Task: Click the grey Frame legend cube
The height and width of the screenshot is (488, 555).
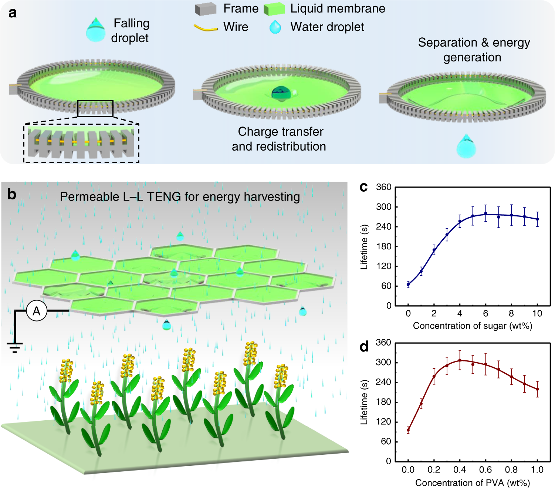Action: click(206, 9)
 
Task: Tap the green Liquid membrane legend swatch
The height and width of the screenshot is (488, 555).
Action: click(274, 9)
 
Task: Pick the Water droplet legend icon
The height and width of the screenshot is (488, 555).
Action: click(275, 27)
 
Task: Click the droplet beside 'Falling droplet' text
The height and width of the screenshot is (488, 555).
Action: click(96, 30)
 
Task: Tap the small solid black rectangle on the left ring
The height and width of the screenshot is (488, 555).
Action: click(95, 108)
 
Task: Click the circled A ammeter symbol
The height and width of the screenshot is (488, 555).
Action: click(37, 311)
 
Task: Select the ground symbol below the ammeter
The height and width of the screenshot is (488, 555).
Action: click(15, 347)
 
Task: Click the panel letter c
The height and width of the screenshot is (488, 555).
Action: click(363, 187)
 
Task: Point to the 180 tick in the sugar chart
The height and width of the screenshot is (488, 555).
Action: click(383, 246)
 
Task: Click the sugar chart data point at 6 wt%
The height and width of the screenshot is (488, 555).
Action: click(486, 213)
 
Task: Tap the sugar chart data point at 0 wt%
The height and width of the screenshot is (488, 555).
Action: click(408, 285)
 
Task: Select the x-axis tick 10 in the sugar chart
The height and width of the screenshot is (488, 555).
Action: click(537, 314)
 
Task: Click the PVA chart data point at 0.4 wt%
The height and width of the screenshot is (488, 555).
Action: click(460, 360)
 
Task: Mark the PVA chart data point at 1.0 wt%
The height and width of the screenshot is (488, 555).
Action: click(537, 389)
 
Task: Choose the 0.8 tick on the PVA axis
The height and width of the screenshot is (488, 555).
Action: click(511, 470)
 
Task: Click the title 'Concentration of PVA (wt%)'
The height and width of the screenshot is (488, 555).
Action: click(472, 483)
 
